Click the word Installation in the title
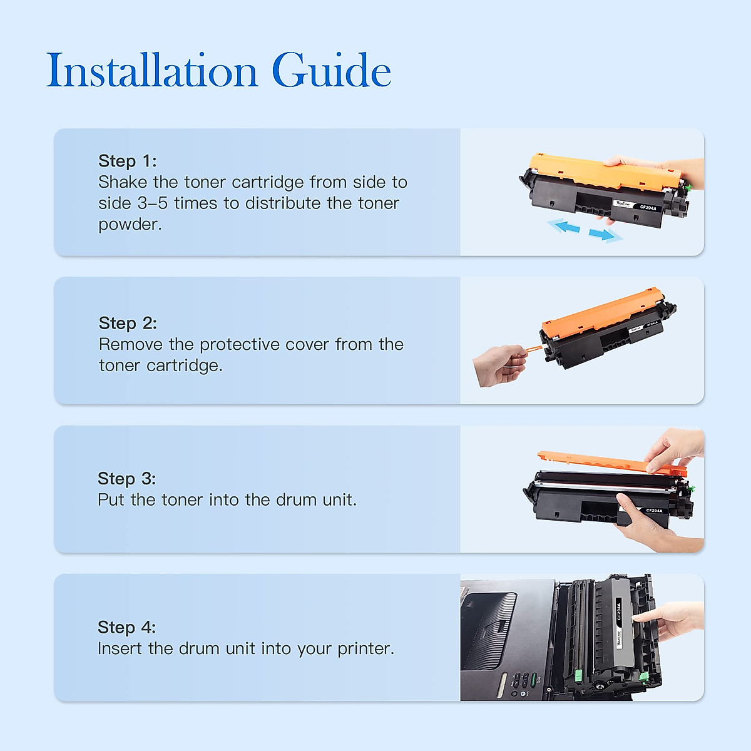[152, 71]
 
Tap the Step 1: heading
[127, 161]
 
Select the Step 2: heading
[128, 323]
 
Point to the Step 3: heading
[126, 479]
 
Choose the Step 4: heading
[126, 627]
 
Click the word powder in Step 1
[128, 225]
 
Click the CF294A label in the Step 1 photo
[648, 207]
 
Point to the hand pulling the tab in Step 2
[498, 365]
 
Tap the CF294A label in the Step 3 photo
[653, 511]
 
